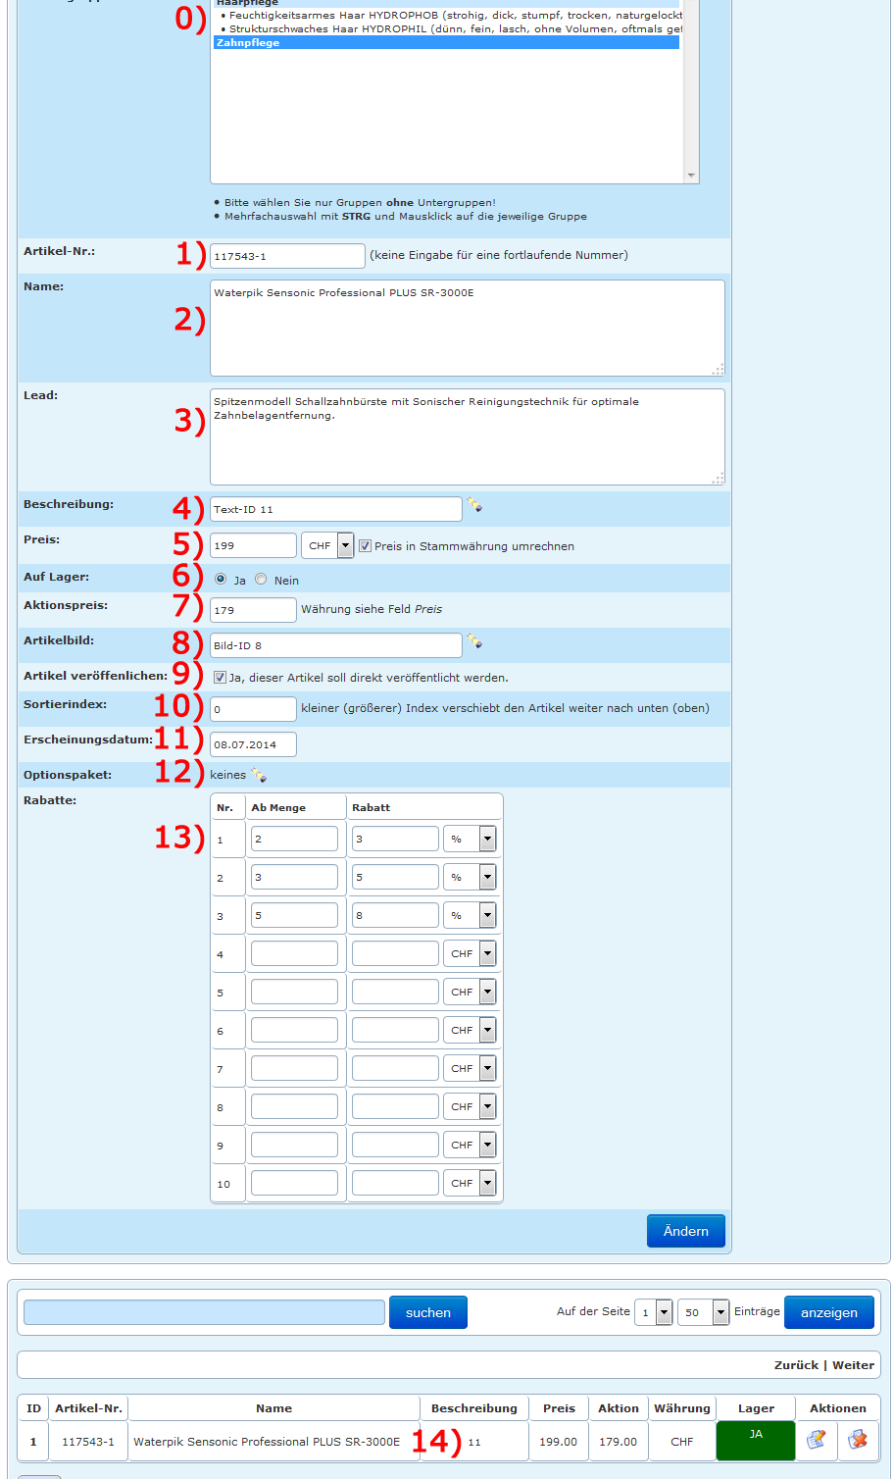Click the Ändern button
tap(685, 1231)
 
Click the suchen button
tap(428, 1312)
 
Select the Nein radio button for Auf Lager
tap(261, 580)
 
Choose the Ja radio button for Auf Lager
tap(221, 580)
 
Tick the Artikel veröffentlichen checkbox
tap(220, 677)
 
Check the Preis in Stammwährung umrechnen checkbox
tap(365, 546)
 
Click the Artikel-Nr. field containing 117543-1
tap(286, 256)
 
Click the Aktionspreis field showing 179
tap(253, 610)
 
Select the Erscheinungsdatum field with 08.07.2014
tap(253, 744)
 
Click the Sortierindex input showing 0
tap(253, 708)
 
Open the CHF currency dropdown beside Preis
tap(327, 545)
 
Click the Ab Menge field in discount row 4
tap(294, 953)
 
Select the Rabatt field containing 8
tap(395, 915)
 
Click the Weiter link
tap(853, 1365)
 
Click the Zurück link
tap(796, 1365)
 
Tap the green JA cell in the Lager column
tap(756, 1441)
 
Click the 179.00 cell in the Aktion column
tap(618, 1442)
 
